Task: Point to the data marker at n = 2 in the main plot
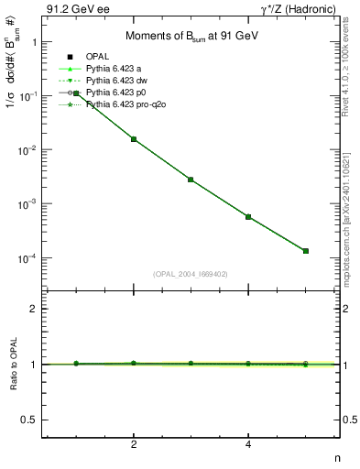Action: tap(134, 139)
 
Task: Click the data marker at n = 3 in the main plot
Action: tap(191, 180)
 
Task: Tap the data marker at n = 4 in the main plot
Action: tap(248, 217)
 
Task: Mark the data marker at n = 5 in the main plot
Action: tap(305, 251)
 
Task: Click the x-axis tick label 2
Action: tap(134, 444)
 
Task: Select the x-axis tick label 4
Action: tap(248, 444)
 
